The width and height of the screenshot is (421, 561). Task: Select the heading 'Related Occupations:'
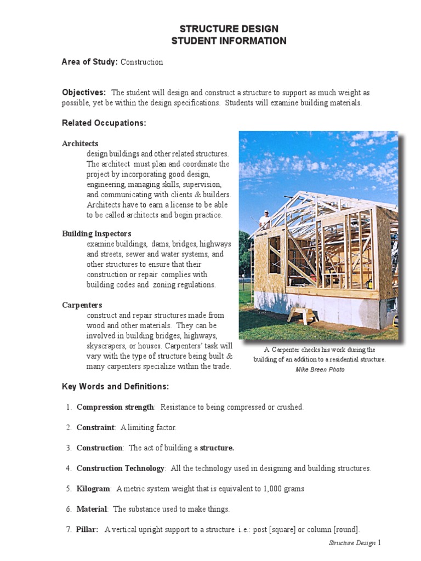(104, 123)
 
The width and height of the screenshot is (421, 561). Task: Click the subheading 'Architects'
(80, 144)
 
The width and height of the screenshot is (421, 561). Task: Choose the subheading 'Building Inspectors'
(96, 233)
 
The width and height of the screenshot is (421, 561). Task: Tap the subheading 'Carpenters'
(82, 305)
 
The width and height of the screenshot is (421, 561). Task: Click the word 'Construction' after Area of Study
(141, 62)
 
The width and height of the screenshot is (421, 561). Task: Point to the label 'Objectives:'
(84, 93)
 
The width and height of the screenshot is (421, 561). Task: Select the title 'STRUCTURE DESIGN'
(229, 29)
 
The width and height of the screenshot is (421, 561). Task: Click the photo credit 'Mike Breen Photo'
(320, 370)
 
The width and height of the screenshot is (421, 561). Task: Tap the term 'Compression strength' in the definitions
(115, 407)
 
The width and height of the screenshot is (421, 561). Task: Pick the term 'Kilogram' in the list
(94, 489)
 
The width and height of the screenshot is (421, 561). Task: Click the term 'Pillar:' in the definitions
(88, 529)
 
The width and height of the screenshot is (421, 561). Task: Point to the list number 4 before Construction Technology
(69, 468)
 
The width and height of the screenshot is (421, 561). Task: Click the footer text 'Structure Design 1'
(354, 543)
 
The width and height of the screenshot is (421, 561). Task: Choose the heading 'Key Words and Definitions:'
(115, 387)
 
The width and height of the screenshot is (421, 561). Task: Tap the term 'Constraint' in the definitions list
(95, 427)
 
